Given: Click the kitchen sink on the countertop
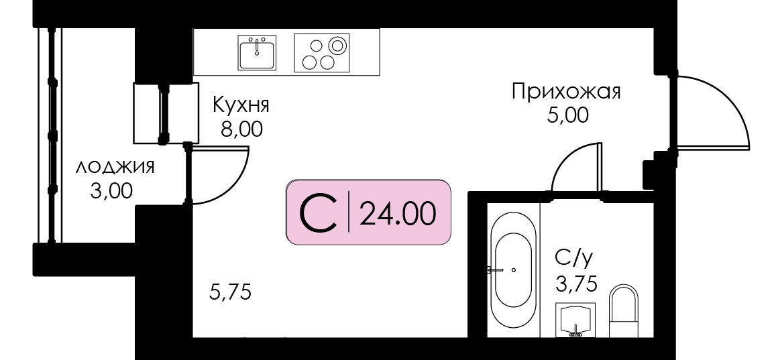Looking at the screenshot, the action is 257,52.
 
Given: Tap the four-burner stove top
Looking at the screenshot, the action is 322,52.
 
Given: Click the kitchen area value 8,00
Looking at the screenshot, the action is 241,130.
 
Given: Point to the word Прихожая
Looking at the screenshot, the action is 566,93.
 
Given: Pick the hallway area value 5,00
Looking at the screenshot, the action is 567,116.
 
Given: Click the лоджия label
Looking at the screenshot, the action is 115,167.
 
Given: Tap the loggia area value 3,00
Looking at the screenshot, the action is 111,191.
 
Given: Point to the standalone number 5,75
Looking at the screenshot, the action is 231,292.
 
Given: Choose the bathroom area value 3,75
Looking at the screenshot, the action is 575,284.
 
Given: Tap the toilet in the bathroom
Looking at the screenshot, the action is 623,311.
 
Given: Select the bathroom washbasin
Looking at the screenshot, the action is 575,320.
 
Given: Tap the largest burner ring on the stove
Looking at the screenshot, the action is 337,46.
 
